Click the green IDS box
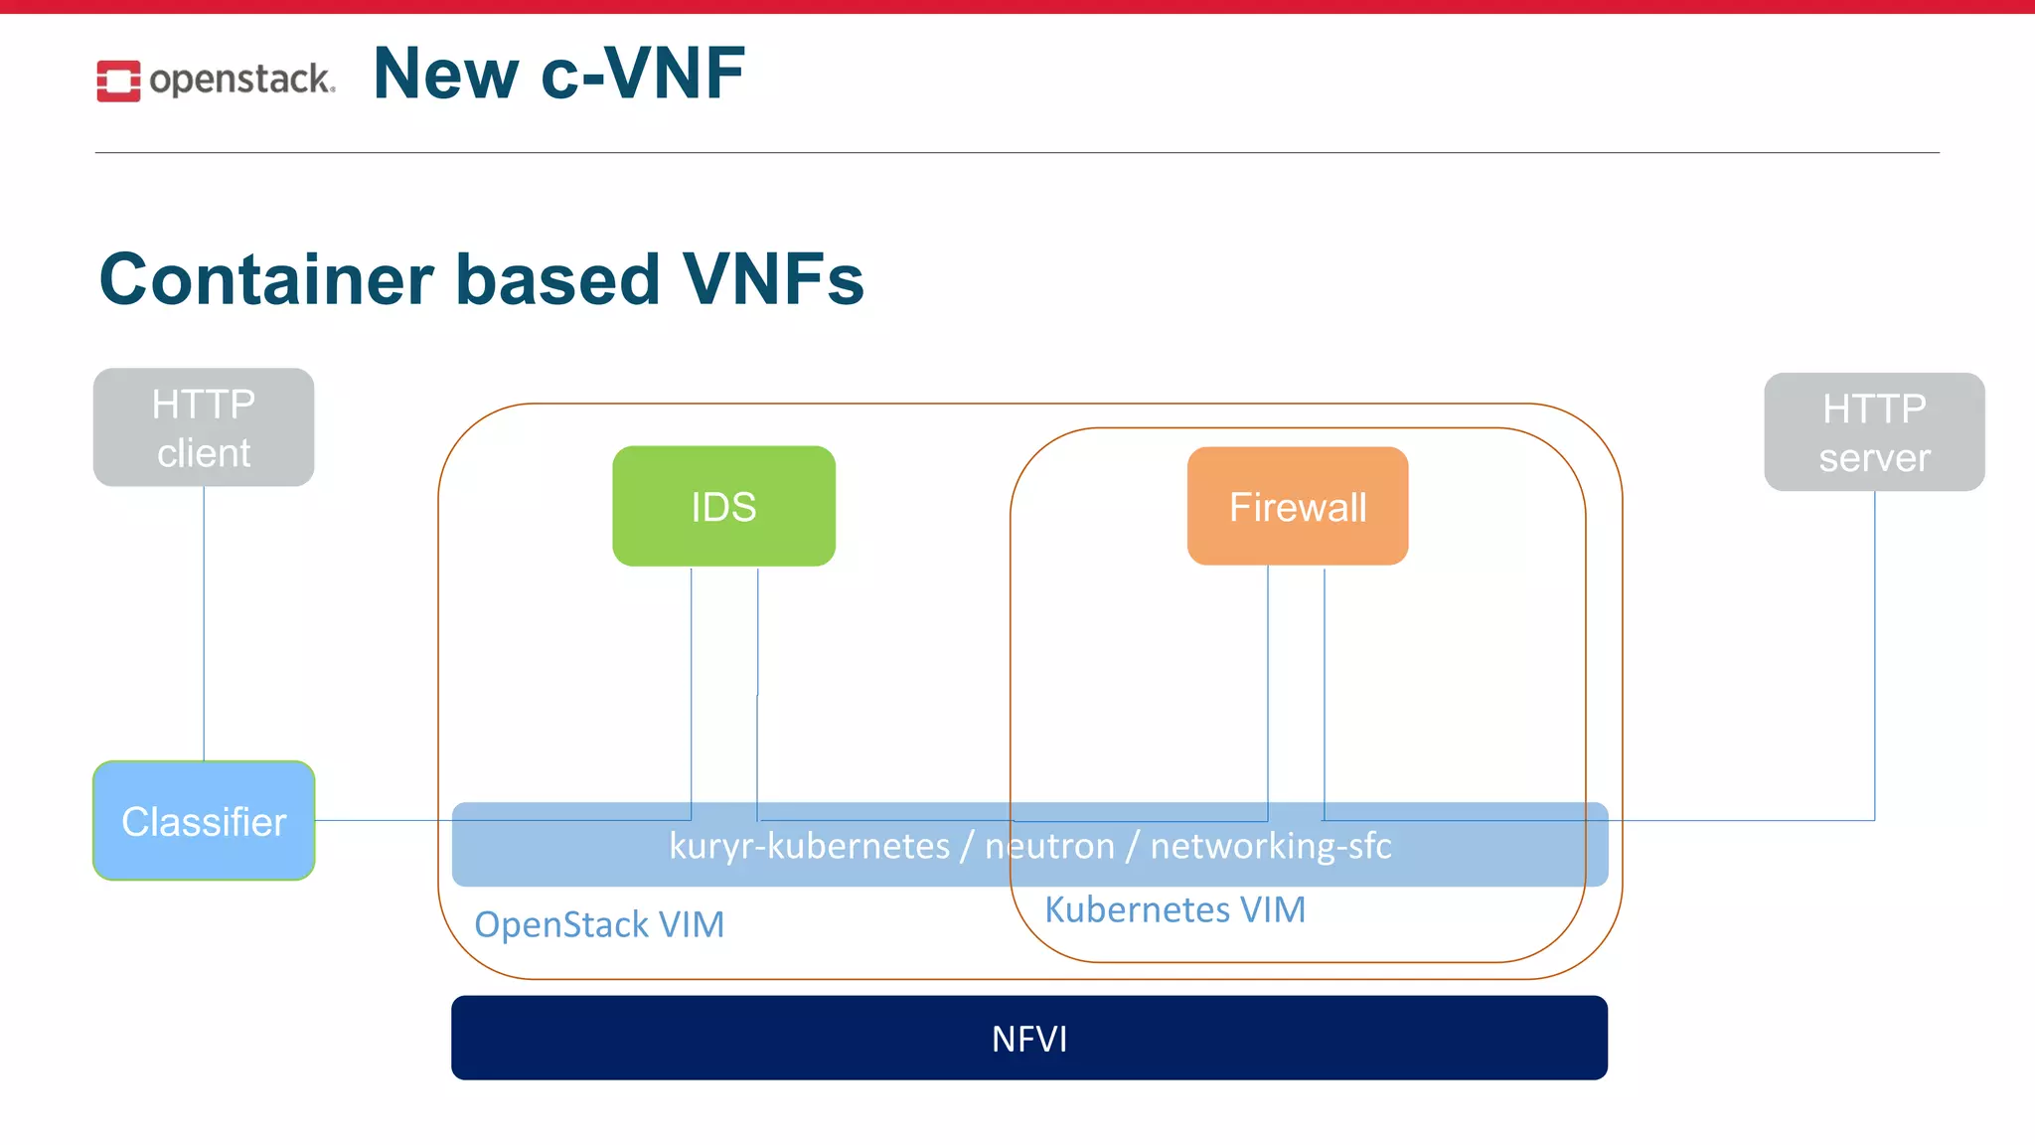click(x=723, y=506)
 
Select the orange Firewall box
click(x=1297, y=506)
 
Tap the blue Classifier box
click(x=204, y=821)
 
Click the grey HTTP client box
click(x=204, y=427)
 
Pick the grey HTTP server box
click(x=1874, y=432)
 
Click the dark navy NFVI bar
click(x=1029, y=1038)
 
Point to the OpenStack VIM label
click(x=599, y=924)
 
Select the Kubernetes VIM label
click(x=1174, y=909)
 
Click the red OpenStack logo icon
click(x=118, y=81)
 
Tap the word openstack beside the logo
click(x=241, y=80)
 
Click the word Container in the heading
click(x=266, y=279)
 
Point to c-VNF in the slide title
click(x=643, y=74)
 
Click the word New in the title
click(x=446, y=74)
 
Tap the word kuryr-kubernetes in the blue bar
click(x=809, y=846)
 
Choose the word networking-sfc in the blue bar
click(x=1271, y=846)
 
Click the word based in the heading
click(x=557, y=279)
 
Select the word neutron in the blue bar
click(x=1049, y=846)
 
